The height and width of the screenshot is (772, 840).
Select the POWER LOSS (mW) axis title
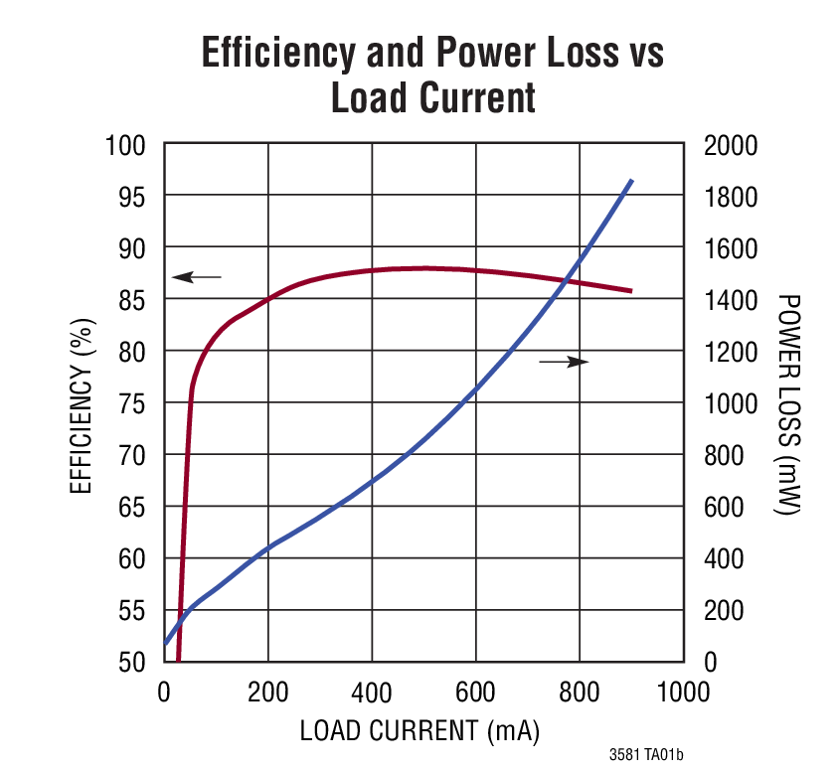[788, 403]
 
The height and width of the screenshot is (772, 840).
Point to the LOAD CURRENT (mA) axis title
[420, 732]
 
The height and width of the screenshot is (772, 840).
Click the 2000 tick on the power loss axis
[731, 146]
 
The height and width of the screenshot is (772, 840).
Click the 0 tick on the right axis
[710, 662]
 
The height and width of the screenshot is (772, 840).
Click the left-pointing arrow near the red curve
[197, 276]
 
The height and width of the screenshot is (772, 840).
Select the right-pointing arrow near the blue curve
[564, 362]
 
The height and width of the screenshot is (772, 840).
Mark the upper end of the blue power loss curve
[631, 181]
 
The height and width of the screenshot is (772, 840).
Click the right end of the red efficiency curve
[630, 291]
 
